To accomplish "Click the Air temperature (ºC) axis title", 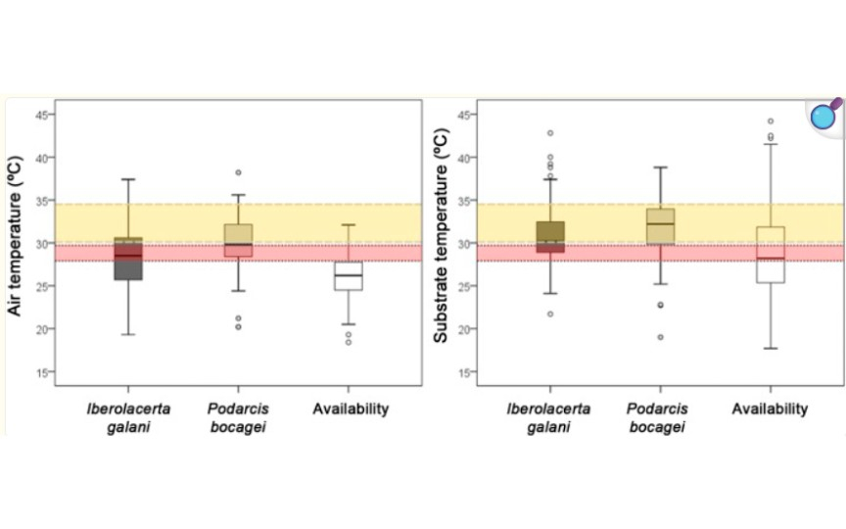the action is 15,236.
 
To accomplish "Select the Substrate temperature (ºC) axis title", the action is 441,235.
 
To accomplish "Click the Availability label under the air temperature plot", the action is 351,409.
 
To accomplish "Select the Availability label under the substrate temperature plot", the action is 770,409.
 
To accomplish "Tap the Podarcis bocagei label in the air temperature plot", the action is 238,417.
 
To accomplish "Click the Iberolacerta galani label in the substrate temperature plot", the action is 548,417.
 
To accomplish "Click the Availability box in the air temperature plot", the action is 349,276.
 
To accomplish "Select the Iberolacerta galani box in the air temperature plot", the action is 128,259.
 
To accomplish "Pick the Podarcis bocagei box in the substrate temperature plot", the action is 660,226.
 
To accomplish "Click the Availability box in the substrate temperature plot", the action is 771,255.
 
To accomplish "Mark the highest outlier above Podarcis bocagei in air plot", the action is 239,172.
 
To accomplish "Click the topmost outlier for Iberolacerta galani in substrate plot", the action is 550,133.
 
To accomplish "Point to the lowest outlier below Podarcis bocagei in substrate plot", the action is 660,337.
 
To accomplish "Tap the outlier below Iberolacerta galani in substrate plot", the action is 550,314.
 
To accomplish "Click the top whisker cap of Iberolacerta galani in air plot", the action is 128,179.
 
